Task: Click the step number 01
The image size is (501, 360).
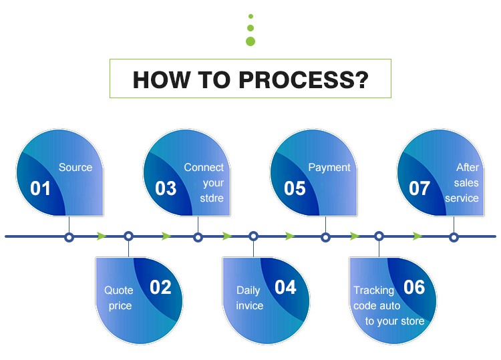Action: click(41, 188)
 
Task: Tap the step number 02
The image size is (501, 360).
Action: click(160, 287)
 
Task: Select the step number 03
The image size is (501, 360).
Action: click(166, 188)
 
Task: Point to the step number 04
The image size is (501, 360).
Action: click(285, 287)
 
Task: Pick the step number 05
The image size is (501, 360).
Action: click(295, 188)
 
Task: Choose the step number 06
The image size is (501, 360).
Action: click(414, 287)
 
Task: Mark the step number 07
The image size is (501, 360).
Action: click(420, 188)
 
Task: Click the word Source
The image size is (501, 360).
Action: click(75, 168)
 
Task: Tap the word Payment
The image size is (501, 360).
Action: click(329, 168)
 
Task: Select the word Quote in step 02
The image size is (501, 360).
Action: click(119, 291)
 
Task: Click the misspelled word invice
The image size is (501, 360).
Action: click(250, 306)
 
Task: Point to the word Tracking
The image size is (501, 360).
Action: click(374, 291)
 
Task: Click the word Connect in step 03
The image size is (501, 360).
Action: click(204, 168)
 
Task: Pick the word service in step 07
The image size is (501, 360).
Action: click(462, 198)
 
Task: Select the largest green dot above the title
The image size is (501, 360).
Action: click(251, 41)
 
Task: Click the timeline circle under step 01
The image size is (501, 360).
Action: click(68, 236)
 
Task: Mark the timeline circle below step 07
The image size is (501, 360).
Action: click(454, 236)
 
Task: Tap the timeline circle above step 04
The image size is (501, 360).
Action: click(253, 236)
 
